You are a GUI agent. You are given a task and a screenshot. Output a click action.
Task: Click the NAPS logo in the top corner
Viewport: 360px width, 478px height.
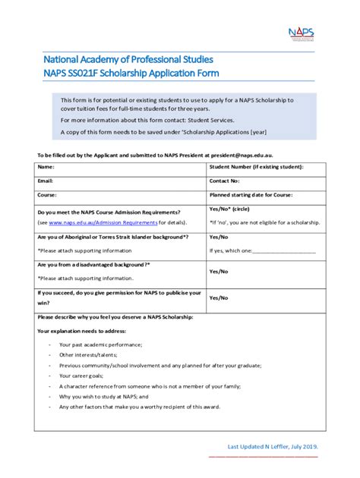pyautogui.click(x=302, y=34)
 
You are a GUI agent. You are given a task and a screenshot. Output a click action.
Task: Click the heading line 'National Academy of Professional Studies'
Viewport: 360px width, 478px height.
pyautogui.click(x=128, y=58)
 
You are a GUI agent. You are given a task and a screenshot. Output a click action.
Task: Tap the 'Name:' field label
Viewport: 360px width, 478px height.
pyautogui.click(x=46, y=167)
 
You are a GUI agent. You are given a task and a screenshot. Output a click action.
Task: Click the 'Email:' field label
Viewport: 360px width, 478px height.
pyautogui.click(x=46, y=181)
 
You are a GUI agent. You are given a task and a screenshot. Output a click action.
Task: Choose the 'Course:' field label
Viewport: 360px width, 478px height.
pyautogui.click(x=47, y=195)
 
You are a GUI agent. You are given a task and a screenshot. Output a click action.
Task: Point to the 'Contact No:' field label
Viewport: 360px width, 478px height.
pyautogui.click(x=225, y=181)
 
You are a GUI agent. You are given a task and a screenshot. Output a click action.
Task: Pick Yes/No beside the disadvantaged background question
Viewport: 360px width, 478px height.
pyautogui.click(x=219, y=271)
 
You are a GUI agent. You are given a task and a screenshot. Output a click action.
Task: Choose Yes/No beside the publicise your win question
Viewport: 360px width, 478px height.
pyautogui.click(x=219, y=298)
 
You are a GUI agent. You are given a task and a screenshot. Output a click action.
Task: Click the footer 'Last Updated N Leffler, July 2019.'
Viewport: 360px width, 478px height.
pyautogui.click(x=273, y=446)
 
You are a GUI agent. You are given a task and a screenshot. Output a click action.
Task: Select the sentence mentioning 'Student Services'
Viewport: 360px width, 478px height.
pyautogui.click(x=148, y=120)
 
